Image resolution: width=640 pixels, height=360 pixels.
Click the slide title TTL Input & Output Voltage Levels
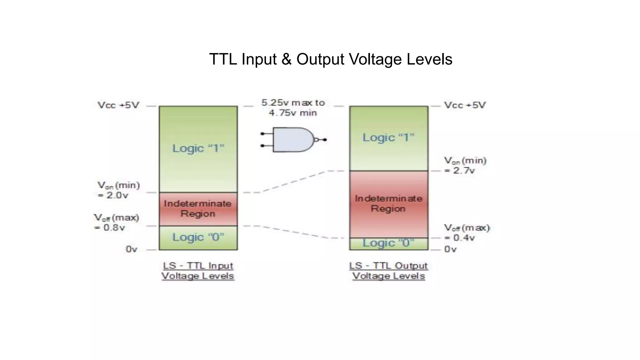pyautogui.click(x=331, y=59)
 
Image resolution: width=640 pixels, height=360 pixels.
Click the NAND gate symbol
pyautogui.click(x=292, y=140)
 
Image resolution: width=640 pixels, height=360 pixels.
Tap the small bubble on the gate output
pyautogui.click(x=316, y=140)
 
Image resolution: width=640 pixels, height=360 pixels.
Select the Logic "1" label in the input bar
pyautogui.click(x=198, y=148)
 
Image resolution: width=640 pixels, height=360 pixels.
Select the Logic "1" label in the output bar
pyautogui.click(x=388, y=137)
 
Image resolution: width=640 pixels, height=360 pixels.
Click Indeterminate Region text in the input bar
pyautogui.click(x=198, y=208)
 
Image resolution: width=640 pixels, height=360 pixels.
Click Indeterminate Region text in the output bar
pyautogui.click(x=388, y=203)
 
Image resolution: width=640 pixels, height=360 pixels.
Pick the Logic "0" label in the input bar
pyautogui.click(x=198, y=237)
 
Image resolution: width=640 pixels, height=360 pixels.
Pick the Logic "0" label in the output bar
pyautogui.click(x=388, y=243)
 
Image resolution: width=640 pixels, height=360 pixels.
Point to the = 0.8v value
pyautogui.click(x=110, y=227)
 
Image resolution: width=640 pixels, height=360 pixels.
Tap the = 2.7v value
pyautogui.click(x=460, y=171)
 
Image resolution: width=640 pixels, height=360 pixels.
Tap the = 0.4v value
pyautogui.click(x=460, y=238)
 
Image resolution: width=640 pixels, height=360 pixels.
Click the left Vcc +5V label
pyautogui.click(x=118, y=105)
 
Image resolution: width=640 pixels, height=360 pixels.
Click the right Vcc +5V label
pyautogui.click(x=465, y=105)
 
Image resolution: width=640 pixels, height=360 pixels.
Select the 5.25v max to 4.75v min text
pyautogui.click(x=293, y=108)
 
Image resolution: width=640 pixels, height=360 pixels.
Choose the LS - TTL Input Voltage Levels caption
pyautogui.click(x=198, y=271)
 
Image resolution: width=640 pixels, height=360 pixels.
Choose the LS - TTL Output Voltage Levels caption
pyautogui.click(x=388, y=271)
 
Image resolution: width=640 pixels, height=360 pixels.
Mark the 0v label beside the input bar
pyautogui.click(x=132, y=249)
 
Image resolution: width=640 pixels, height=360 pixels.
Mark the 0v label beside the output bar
pyautogui.click(x=450, y=249)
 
